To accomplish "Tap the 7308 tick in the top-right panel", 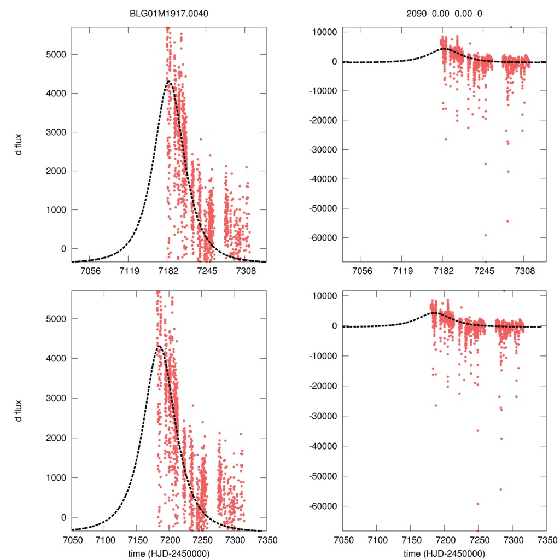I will (524, 271).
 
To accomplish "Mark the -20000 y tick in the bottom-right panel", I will (323, 386).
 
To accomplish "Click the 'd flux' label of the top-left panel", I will (19, 144).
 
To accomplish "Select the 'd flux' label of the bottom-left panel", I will (19, 410).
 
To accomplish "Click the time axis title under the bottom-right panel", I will (445, 553).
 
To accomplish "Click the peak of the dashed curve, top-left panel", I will (168, 82).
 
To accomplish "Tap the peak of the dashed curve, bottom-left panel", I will (159, 346).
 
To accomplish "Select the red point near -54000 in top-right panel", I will (507, 221).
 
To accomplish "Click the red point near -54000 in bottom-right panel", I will (500, 489).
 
